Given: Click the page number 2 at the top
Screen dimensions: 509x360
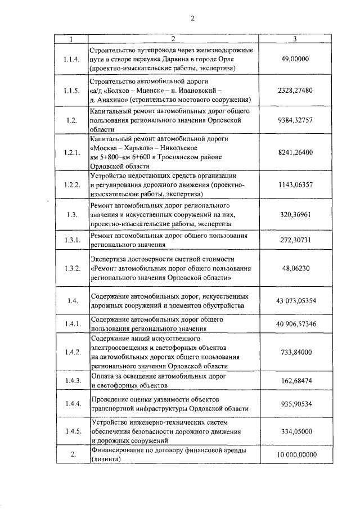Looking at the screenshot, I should coord(192,18).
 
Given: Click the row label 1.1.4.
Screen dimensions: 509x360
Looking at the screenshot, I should coord(71,58).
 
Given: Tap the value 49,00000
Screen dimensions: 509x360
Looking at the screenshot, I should coord(296,58).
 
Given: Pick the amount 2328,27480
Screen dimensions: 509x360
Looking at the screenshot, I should coord(296,90).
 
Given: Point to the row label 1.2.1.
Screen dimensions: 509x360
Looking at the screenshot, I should coord(71,152).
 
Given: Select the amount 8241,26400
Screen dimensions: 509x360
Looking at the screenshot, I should coord(296,152).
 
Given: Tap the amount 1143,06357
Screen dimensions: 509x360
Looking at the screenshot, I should coord(296,184).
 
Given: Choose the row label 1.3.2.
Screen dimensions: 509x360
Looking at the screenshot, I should coord(71,268).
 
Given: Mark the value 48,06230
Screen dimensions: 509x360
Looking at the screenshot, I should coord(296,268).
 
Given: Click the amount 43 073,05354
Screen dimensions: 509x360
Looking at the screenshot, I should coord(296,301).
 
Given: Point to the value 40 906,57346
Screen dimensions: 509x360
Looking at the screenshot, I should coord(296,325).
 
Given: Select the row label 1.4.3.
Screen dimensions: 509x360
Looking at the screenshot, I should coord(71,381).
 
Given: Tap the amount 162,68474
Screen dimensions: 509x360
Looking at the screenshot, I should coord(296,381).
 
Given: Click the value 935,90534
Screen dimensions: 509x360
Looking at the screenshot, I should coord(296,404).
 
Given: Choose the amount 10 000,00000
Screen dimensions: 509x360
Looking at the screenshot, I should coord(296,454).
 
